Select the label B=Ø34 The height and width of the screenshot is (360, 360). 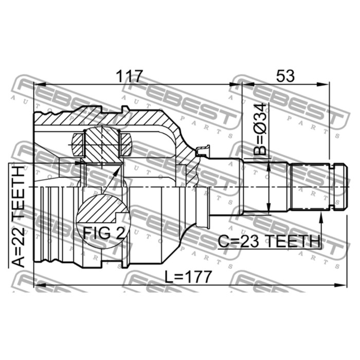pos(260,129)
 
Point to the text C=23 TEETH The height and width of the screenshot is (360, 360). pos(269,241)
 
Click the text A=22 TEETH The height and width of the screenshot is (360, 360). pos(18,217)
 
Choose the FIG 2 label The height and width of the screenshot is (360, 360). pos(104,233)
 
